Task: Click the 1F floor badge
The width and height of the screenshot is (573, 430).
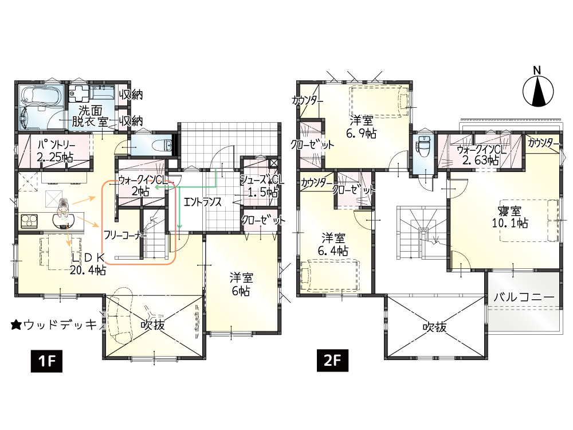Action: coord(46,361)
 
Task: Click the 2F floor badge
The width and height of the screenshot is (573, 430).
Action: coord(332,360)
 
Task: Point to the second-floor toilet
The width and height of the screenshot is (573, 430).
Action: coord(424,146)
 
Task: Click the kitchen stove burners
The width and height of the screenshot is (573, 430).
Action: coord(29,221)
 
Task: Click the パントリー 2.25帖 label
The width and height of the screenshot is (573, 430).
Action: coord(56,151)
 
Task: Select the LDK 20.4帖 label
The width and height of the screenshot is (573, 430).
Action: coord(88,263)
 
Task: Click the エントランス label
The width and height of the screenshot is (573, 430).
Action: coord(202,201)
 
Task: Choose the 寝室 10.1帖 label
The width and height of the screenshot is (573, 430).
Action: coord(510,217)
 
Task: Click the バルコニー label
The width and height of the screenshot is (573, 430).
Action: coord(524,297)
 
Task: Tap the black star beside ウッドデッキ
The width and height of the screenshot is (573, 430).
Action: coord(15,325)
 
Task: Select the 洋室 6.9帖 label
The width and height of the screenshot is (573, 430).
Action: coord(361,127)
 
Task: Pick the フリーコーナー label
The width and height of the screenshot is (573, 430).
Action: coord(125,235)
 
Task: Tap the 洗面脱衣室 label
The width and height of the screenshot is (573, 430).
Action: coord(90,116)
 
